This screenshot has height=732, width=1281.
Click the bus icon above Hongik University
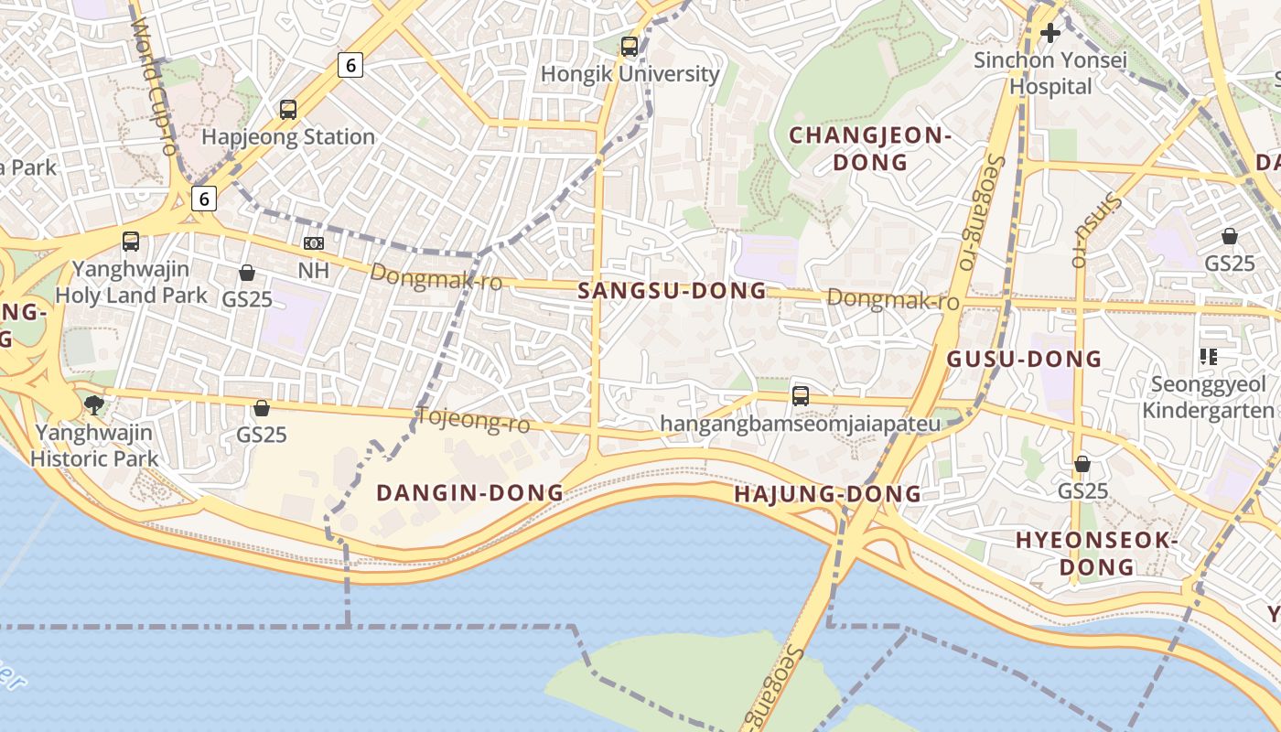(630, 47)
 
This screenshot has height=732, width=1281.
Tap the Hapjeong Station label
(288, 137)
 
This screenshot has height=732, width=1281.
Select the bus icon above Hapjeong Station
(288, 110)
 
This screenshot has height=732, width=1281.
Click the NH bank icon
(314, 243)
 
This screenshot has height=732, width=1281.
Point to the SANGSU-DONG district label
(673, 291)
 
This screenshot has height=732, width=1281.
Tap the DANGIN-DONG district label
(470, 492)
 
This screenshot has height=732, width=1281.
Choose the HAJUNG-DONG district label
(827, 494)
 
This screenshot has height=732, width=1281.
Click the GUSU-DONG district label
(1024, 359)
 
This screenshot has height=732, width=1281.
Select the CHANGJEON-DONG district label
(870, 149)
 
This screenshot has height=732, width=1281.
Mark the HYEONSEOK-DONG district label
(1096, 553)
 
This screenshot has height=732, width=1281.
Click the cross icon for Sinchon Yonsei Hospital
(1050, 33)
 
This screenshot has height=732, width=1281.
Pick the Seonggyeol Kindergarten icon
(1208, 356)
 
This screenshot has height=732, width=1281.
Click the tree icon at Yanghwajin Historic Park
(93, 404)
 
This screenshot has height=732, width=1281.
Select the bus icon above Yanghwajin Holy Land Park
(131, 242)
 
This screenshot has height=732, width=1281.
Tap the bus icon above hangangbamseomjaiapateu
(801, 396)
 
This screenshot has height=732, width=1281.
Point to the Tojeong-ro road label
(474, 420)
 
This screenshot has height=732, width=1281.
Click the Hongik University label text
(630, 74)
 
